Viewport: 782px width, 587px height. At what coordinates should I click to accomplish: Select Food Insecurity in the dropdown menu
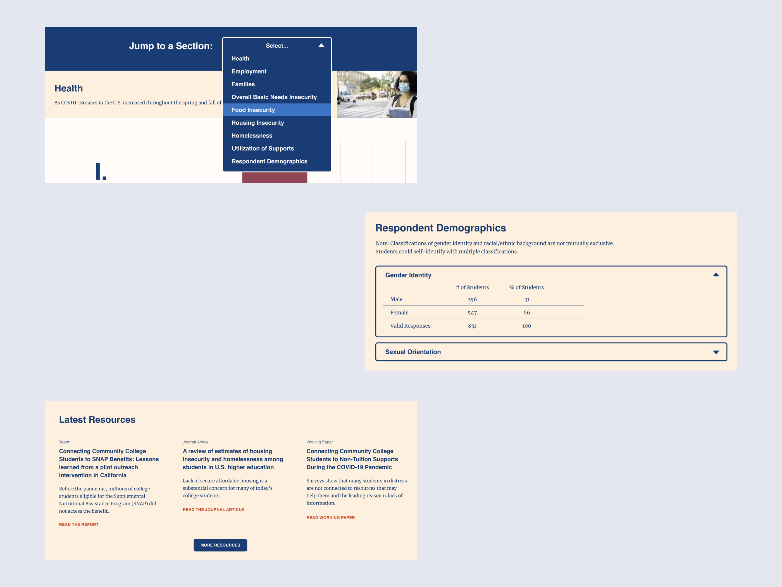pos(253,110)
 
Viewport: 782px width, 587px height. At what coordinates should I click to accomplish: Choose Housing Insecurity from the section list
pos(258,123)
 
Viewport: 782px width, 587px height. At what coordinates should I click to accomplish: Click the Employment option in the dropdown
pos(249,72)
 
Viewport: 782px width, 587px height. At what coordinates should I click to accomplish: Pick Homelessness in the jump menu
pos(252,136)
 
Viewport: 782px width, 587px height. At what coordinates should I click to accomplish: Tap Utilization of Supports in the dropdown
pos(263,149)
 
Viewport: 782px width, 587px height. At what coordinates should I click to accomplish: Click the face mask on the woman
pos(404,87)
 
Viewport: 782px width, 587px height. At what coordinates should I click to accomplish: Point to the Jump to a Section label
pos(171,46)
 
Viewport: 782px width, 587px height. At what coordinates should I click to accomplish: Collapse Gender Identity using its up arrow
pos(716,274)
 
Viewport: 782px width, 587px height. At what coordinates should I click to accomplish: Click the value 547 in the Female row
pos(472,313)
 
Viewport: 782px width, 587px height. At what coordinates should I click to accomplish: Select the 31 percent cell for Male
pos(527,300)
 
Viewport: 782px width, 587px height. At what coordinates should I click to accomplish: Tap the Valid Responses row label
pos(410,326)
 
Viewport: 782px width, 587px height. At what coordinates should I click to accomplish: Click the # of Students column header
pos(472,287)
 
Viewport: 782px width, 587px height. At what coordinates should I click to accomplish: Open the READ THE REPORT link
pos(79,524)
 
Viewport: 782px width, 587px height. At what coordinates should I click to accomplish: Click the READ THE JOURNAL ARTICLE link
pos(213,510)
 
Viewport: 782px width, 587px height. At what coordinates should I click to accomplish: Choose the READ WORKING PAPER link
pos(331,517)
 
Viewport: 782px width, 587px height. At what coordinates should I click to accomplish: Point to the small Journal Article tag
pos(195,442)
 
